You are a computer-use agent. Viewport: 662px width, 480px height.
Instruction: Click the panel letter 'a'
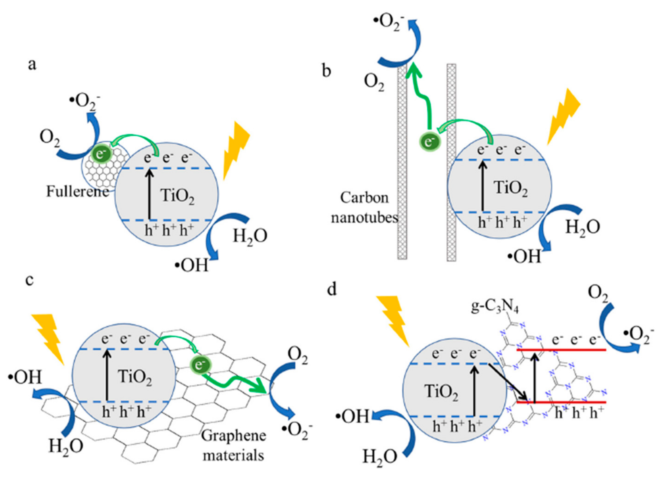32,65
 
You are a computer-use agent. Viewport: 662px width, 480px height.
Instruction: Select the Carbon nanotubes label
365,208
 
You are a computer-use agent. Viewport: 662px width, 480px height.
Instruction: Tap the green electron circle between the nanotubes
429,142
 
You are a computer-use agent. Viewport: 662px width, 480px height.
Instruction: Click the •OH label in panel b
524,257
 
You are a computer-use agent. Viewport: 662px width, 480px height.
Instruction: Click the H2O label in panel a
250,237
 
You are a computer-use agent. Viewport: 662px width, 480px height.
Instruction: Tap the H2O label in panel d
380,456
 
